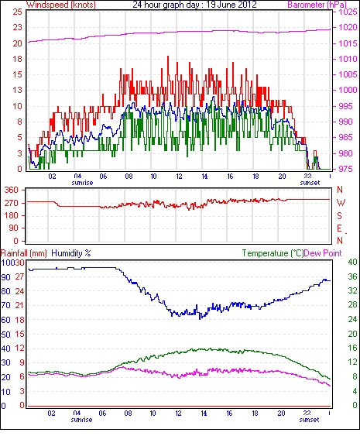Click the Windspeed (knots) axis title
(61, 5)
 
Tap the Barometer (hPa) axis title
(317, 5)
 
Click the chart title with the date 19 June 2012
(194, 5)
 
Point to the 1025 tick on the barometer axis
(348, 12)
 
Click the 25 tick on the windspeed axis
(18, 12)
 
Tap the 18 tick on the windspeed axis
(18, 59)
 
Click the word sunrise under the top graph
(82, 183)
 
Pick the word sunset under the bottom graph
(309, 419)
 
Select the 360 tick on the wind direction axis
(11, 191)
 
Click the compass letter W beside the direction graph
(341, 203)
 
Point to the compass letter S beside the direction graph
(339, 215)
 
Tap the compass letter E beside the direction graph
(339, 228)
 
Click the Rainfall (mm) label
(24, 253)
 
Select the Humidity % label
(71, 253)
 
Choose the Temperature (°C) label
(273, 253)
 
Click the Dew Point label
(323, 253)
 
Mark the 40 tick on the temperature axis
(353, 262)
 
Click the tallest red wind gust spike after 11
(168, 57)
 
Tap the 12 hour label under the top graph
(179, 177)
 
